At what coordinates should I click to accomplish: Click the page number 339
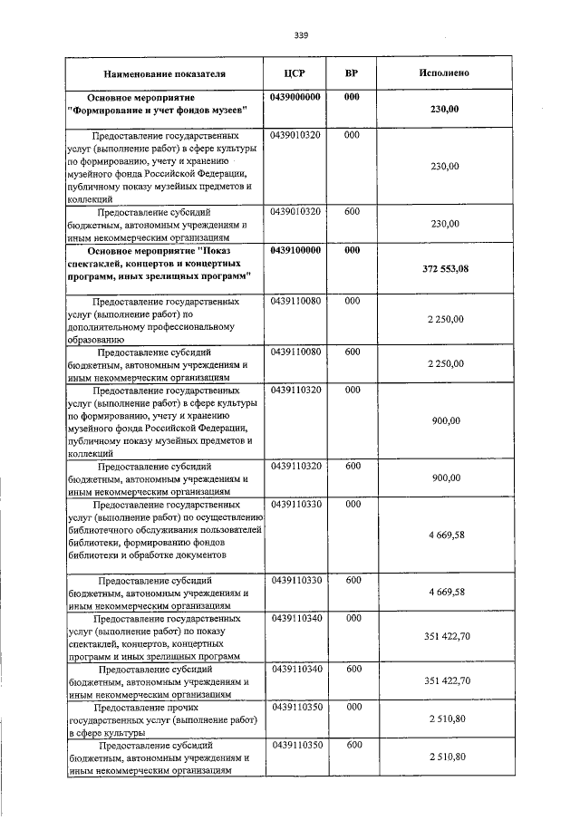click(301, 35)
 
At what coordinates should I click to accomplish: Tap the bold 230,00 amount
click(445, 109)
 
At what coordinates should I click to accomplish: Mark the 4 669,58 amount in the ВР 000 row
click(445, 535)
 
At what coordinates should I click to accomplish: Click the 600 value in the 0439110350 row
click(352, 744)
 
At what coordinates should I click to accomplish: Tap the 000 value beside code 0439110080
click(352, 300)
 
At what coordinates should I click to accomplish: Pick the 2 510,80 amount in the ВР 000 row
click(445, 718)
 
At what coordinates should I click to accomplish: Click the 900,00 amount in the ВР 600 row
click(445, 478)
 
